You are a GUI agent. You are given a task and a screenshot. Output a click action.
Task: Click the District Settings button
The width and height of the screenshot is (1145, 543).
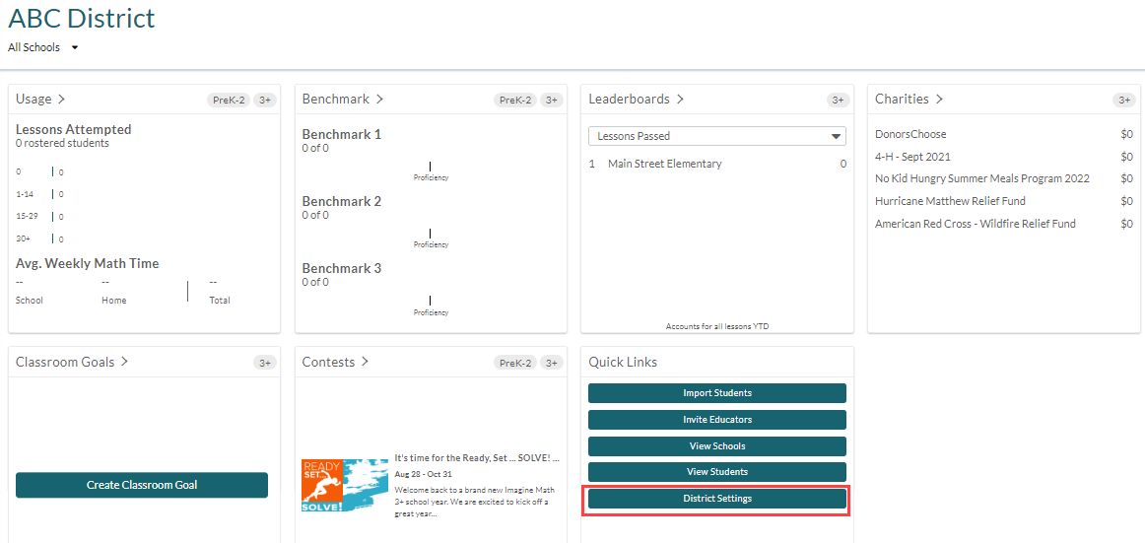[x=717, y=499]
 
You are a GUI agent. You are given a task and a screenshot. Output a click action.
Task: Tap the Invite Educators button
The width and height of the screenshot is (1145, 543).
[x=717, y=420]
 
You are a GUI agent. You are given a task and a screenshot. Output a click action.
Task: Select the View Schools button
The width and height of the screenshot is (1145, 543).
[x=717, y=446]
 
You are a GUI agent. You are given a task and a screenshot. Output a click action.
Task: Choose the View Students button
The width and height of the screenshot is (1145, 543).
[x=717, y=471]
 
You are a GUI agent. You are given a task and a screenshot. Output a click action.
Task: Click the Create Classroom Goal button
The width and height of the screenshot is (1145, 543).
[x=142, y=485]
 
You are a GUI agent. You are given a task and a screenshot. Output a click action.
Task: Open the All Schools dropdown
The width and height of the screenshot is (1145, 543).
[x=42, y=47]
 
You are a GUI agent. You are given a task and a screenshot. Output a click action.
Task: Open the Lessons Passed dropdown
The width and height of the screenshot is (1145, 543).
[x=717, y=136]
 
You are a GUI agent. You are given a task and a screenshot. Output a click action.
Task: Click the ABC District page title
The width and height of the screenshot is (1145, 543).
[x=81, y=19]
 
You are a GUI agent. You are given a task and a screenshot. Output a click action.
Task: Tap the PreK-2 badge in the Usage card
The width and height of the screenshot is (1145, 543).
[x=228, y=100]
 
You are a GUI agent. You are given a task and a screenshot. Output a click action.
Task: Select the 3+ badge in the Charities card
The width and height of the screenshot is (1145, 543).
[x=1123, y=100]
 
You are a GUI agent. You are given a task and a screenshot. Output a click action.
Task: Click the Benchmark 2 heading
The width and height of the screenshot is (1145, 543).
[x=342, y=201]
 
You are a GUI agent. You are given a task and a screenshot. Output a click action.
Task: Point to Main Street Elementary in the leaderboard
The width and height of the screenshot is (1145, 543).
[x=664, y=165]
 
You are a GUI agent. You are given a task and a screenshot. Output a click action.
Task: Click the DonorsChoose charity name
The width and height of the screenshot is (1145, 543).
[x=910, y=134]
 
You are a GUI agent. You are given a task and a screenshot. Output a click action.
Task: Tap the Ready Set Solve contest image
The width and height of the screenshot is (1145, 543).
[x=345, y=485]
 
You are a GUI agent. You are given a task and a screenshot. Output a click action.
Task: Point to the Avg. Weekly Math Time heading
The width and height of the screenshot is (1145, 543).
[x=88, y=263]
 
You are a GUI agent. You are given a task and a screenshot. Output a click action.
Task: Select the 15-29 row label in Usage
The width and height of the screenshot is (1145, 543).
[x=27, y=217]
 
